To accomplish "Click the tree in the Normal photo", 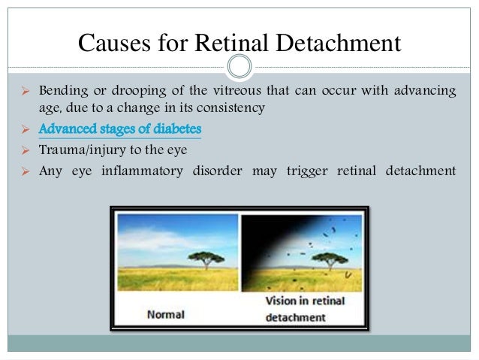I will click(x=203, y=259).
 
